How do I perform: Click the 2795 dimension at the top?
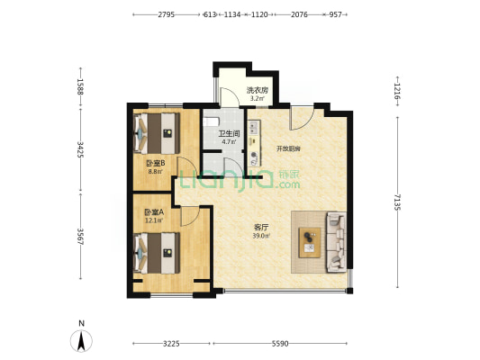tap(167, 14)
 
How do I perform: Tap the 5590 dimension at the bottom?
tap(280, 344)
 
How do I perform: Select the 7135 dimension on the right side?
tap(397, 202)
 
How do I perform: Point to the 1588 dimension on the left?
tap(80, 87)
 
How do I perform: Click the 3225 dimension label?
tap(171, 344)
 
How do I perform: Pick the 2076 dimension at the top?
tap(299, 14)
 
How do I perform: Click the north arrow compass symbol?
tap(81, 340)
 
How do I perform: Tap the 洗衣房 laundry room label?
tap(258, 90)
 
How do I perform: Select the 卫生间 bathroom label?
tap(229, 134)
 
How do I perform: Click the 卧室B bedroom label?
tap(155, 164)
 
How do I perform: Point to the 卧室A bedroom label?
tap(154, 212)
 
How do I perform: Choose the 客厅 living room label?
tap(261, 228)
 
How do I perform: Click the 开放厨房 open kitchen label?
tap(288, 149)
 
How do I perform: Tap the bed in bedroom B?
tap(157, 133)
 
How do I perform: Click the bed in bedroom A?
tap(157, 253)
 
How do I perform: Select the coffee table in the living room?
tap(310, 242)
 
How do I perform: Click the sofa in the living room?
tap(337, 241)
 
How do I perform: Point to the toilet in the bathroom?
tap(212, 121)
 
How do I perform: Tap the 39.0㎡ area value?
tap(261, 236)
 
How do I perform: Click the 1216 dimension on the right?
tap(397, 91)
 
